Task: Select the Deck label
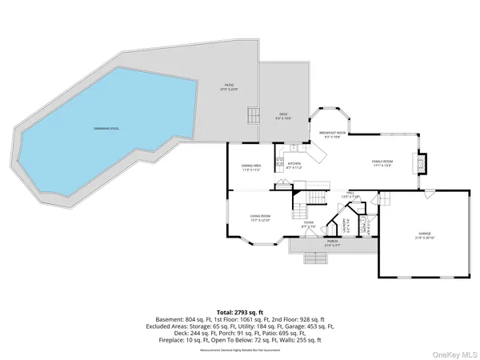pyautogui.click(x=282, y=117)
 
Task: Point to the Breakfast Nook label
pyautogui.click(x=332, y=134)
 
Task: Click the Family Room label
pyautogui.click(x=383, y=163)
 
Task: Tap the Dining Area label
pyautogui.click(x=251, y=167)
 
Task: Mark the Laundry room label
pyautogui.click(x=346, y=225)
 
